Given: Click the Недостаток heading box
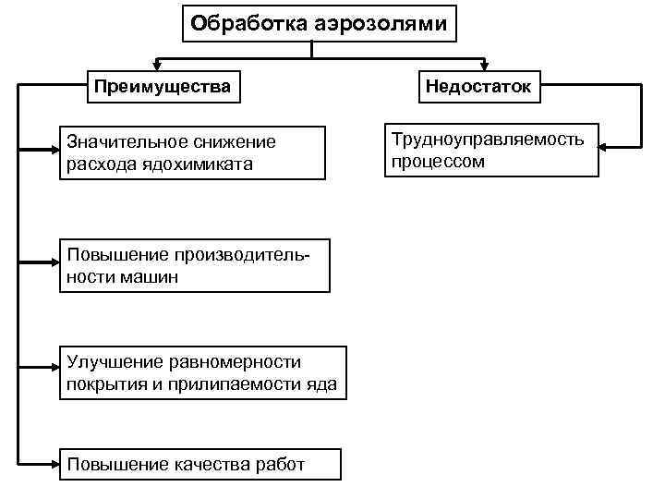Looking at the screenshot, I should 478,88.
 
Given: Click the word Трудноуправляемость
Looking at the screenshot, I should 488,140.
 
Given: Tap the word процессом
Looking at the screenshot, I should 438,161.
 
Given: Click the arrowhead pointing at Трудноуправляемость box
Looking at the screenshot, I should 603,145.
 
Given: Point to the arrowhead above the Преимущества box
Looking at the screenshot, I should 157,66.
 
